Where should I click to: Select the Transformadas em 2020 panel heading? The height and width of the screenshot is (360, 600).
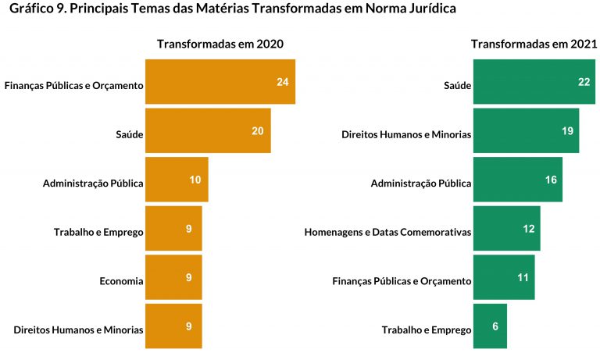(220, 45)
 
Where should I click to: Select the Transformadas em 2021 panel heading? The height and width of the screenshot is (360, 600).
(534, 45)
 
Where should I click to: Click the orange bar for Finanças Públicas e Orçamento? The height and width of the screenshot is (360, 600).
(220, 82)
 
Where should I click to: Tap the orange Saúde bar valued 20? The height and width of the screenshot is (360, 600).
(207, 130)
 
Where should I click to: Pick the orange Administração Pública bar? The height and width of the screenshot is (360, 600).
(176, 180)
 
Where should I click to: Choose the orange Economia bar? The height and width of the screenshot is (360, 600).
(173, 277)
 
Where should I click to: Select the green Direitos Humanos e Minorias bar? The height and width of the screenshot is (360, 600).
(526, 130)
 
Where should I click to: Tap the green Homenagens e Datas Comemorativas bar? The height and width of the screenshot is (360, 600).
(506, 228)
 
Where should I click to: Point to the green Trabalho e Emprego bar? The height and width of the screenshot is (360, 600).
(490, 326)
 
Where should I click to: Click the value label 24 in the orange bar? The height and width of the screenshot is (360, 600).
(283, 82)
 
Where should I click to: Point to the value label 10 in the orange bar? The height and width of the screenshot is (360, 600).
(195, 180)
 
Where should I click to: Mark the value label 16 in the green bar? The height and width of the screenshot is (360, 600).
(551, 180)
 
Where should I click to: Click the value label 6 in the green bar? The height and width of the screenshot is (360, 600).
(495, 326)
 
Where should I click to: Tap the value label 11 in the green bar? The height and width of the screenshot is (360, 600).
(523, 277)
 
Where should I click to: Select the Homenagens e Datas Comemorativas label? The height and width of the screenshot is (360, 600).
(387, 232)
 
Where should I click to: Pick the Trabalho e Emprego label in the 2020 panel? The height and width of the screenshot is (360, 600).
(98, 232)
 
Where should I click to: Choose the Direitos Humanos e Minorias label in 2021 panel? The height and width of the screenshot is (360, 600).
(406, 134)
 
